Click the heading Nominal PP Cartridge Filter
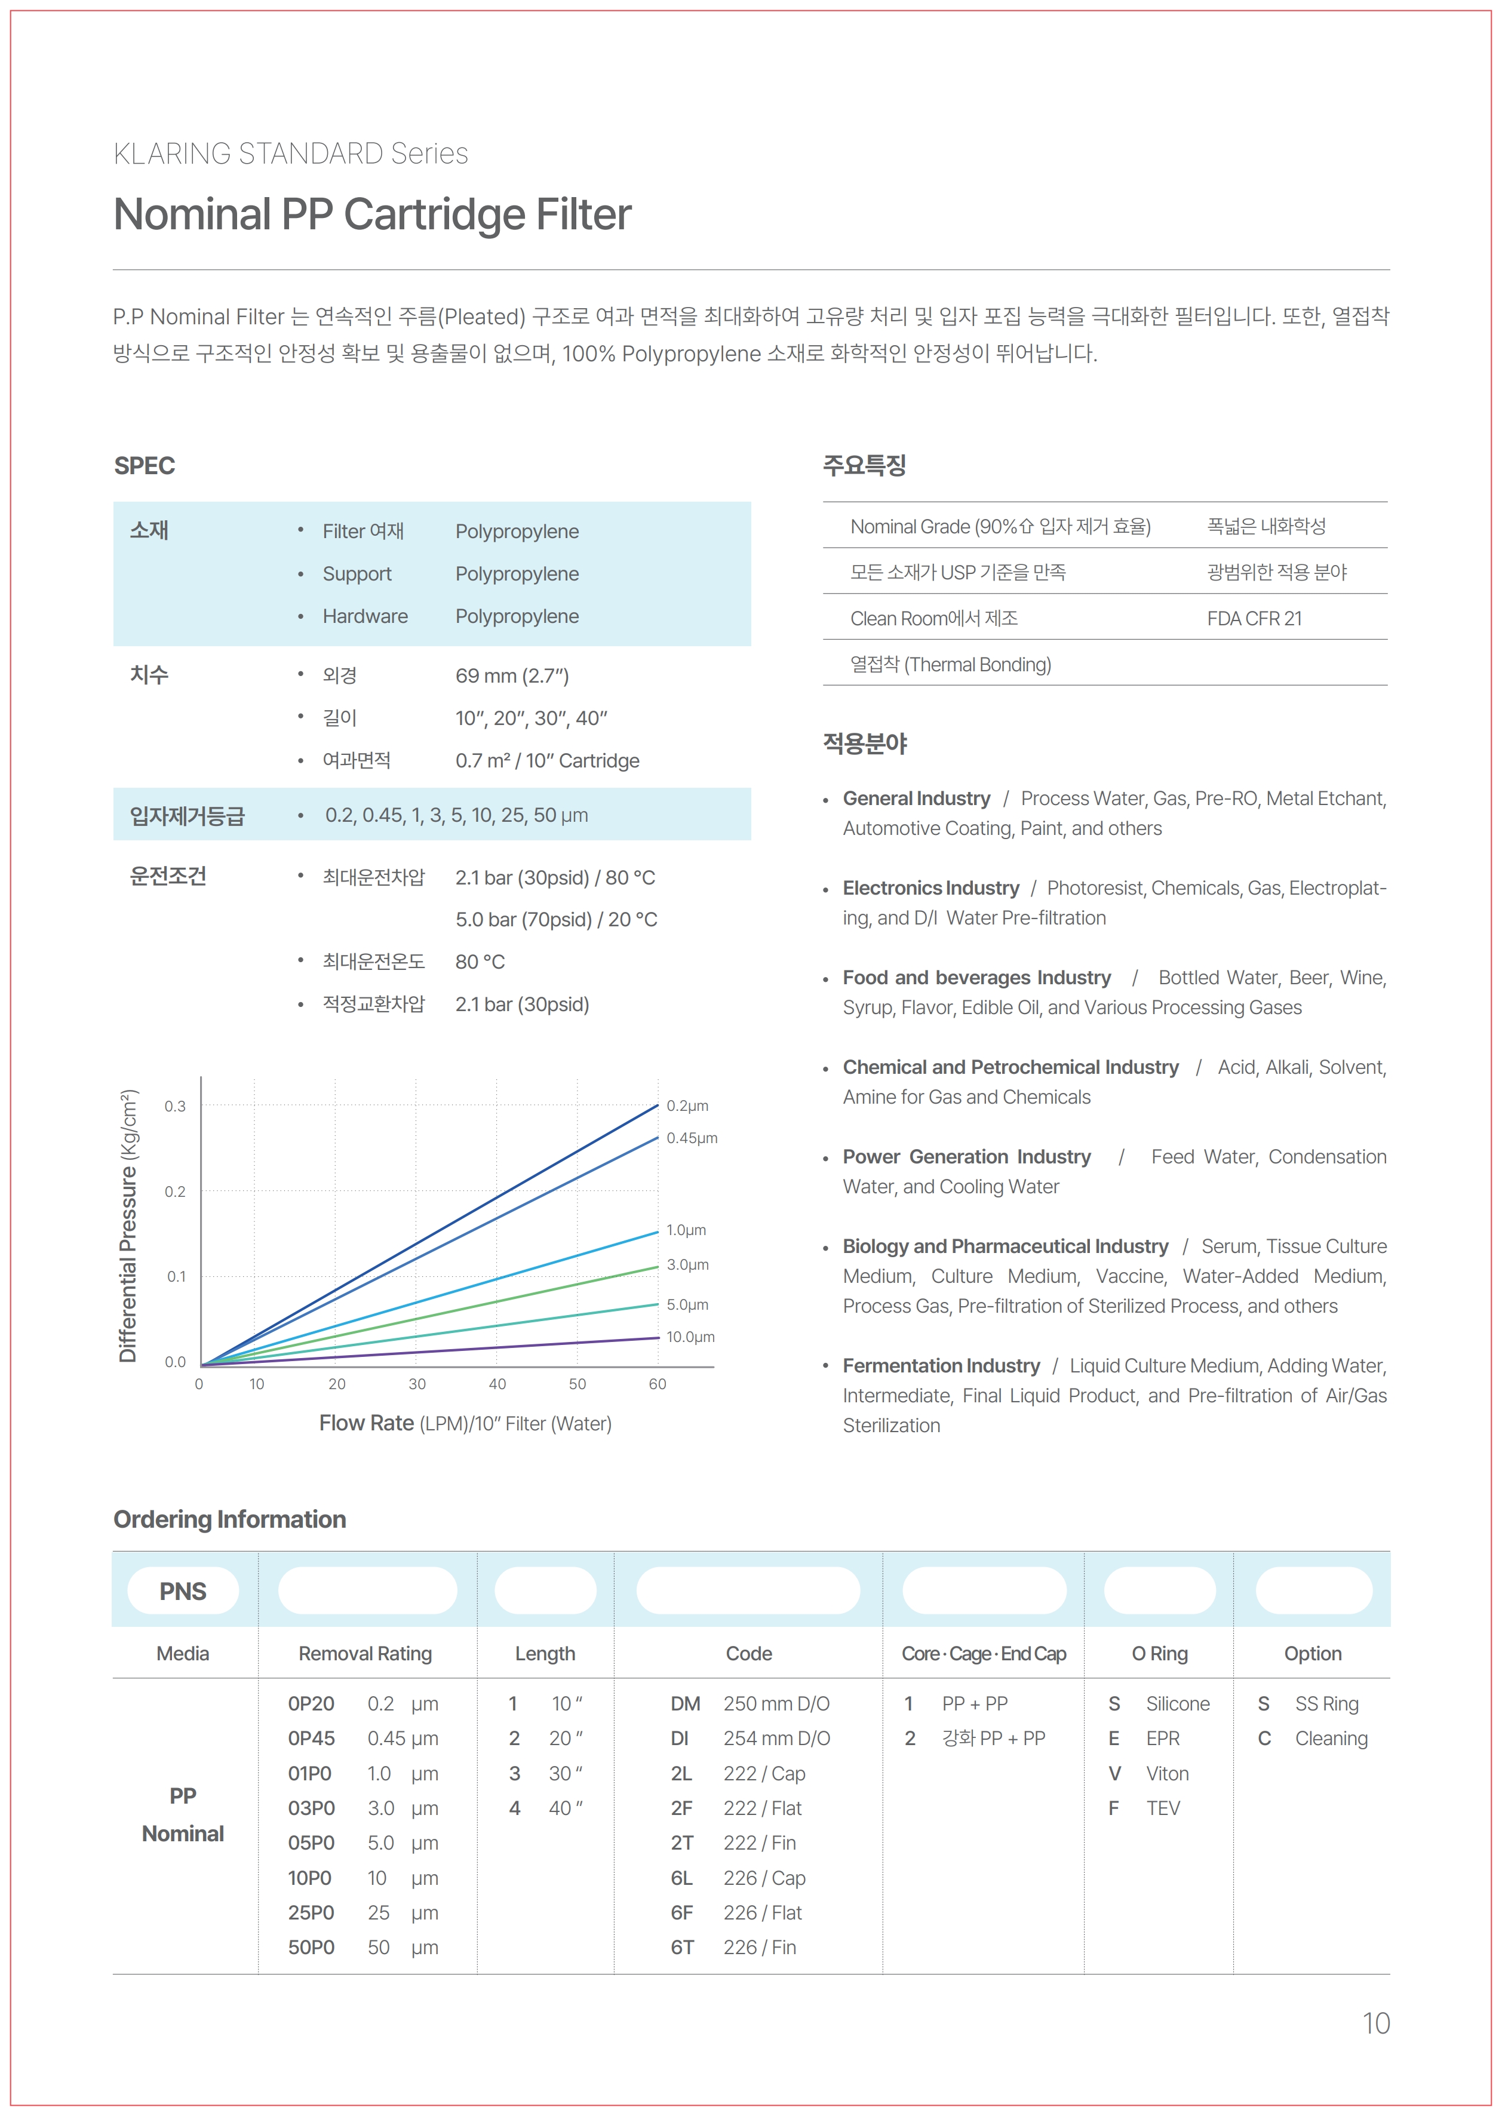372,214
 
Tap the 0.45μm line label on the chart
691,1138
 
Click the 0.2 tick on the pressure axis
175,1191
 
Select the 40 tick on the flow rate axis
497,1384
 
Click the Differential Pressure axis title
128,1226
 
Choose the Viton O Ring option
1167,1773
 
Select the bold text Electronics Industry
930,888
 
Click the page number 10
1375,2023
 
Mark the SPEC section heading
145,465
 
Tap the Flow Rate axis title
465,1423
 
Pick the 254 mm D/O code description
776,1738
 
